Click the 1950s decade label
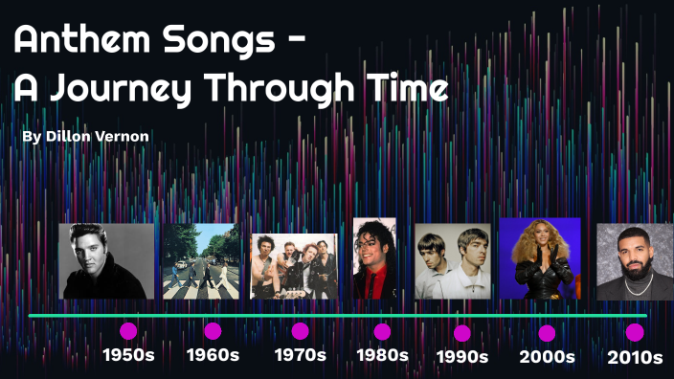pos(128,355)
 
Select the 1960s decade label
pos(213,355)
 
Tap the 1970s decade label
pos(300,355)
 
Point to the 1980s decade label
pos(382,355)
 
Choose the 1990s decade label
pos(462,357)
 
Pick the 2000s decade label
pos(547,357)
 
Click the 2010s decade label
pos(635,357)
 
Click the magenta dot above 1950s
pos(128,331)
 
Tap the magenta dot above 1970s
pos(300,331)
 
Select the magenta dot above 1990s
pos(462,333)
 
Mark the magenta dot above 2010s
pos(635,332)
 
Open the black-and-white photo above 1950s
pos(106,261)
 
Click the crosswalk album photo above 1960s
pos(201,261)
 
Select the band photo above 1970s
pos(294,266)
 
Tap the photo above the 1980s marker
pos(374,258)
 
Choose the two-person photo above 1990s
pos(453,261)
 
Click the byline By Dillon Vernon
pos(85,137)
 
